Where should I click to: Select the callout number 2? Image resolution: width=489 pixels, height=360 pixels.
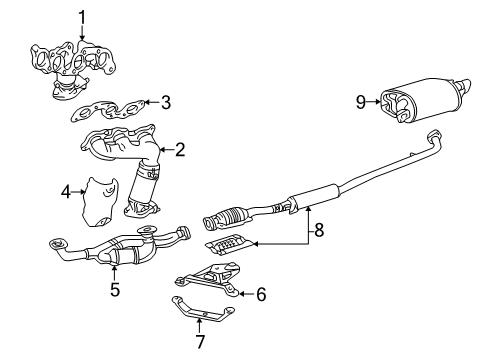(x=180, y=150)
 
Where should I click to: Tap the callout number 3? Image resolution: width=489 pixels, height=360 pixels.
(x=166, y=102)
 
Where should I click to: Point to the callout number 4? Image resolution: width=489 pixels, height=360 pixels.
(x=65, y=189)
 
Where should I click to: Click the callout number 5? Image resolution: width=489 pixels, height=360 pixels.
(x=115, y=289)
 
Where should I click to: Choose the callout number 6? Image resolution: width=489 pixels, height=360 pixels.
(x=261, y=293)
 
